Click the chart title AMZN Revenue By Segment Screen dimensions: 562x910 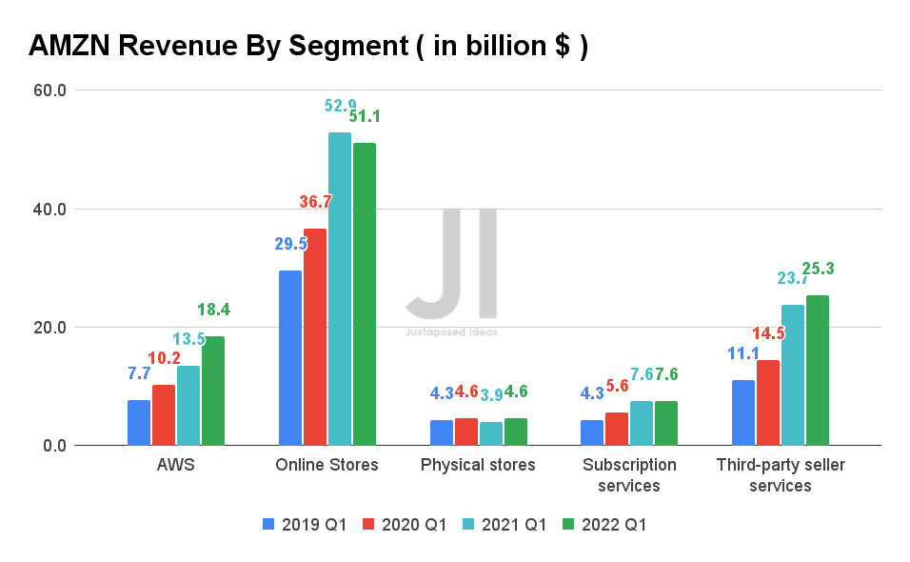pyautogui.click(x=307, y=45)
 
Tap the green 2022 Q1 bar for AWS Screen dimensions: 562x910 pyautogui.click(x=213, y=391)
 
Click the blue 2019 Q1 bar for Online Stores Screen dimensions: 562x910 pyautogui.click(x=290, y=358)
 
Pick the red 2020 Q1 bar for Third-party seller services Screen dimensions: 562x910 pyautogui.click(x=768, y=403)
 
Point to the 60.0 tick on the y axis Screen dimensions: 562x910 pyautogui.click(x=49, y=91)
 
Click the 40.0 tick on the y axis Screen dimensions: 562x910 pyautogui.click(x=49, y=210)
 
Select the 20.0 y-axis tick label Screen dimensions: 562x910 pyautogui.click(x=49, y=328)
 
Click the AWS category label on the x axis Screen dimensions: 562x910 pyautogui.click(x=176, y=465)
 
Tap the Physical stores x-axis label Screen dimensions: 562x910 pyautogui.click(x=478, y=465)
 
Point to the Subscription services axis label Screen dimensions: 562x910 pyautogui.click(x=629, y=475)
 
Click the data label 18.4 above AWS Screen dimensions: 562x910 pyautogui.click(x=213, y=310)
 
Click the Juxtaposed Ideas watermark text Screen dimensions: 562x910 pyautogui.click(x=451, y=332)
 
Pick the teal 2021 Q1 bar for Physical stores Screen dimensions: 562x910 pyautogui.click(x=491, y=433)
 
